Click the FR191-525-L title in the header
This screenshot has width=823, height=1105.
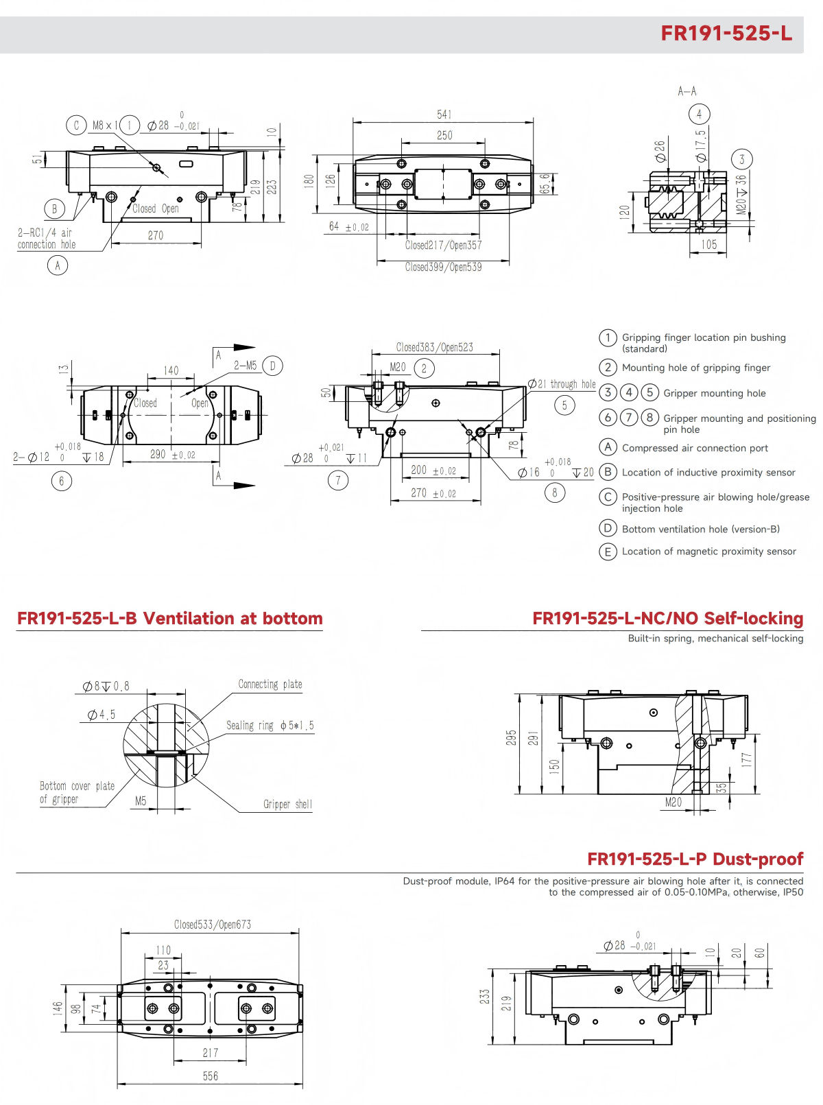click(x=726, y=34)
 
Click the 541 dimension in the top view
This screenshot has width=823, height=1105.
click(x=444, y=115)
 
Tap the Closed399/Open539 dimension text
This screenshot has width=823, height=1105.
click(x=443, y=267)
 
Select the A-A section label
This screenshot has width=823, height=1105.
click(x=687, y=91)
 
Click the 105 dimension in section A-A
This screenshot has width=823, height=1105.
click(x=708, y=244)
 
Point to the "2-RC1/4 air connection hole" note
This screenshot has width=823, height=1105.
click(x=47, y=239)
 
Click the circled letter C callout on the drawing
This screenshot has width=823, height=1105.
click(x=76, y=126)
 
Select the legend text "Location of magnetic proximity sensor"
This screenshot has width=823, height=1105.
click(x=708, y=551)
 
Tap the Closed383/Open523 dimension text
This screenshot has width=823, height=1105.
click(x=434, y=347)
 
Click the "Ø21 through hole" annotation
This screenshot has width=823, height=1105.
click(x=562, y=384)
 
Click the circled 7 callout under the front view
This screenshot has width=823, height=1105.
click(x=337, y=480)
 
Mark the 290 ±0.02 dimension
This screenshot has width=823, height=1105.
click(x=172, y=454)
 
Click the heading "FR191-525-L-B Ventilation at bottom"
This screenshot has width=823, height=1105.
click(x=169, y=619)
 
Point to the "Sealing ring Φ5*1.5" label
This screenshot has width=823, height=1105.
click(x=270, y=726)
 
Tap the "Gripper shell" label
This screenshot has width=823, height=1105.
click(x=287, y=804)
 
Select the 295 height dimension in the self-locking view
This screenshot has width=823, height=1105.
click(x=511, y=737)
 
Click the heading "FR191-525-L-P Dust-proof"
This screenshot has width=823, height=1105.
click(x=695, y=859)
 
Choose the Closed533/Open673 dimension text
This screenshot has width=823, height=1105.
click(x=212, y=925)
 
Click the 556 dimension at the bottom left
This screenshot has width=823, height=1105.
click(x=210, y=1076)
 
